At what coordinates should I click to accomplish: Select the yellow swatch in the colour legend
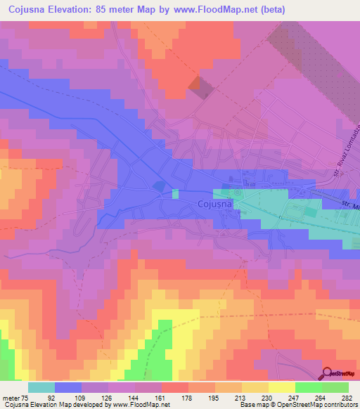(x=282, y=387)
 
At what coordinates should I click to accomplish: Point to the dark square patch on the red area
(x=199, y=86)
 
